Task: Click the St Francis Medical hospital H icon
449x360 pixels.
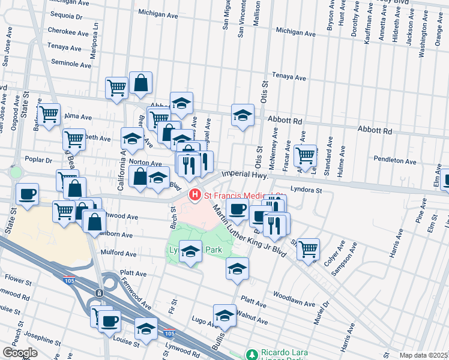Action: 194,195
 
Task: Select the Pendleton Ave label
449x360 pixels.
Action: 394,161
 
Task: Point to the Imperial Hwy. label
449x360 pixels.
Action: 244,174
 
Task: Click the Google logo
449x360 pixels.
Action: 20,353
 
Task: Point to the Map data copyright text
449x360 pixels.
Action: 424,355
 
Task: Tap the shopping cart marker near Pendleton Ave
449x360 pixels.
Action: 306,155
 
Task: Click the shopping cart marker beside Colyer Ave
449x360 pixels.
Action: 308,248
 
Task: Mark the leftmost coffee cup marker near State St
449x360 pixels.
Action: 28,195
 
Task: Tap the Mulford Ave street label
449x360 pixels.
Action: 116,253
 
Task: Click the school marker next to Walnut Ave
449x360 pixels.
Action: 224,315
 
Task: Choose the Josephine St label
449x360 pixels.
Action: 37,336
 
